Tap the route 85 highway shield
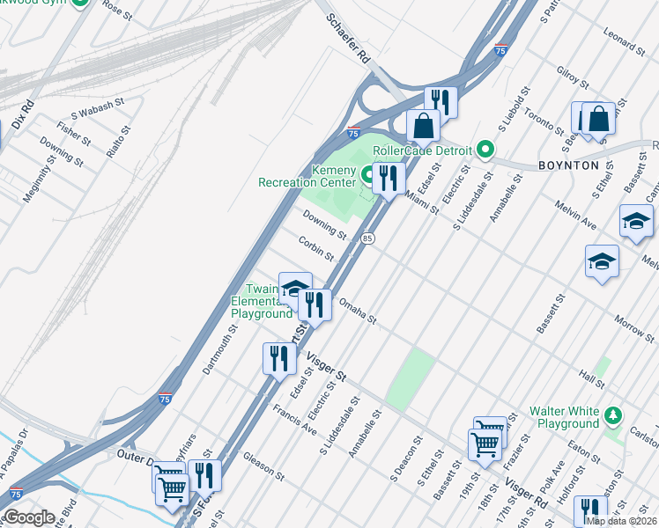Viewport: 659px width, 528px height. [367, 238]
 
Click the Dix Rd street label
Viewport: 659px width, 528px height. [27, 115]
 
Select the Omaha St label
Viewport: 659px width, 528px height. [359, 310]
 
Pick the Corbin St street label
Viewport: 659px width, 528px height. [315, 248]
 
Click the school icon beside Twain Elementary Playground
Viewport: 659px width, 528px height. [295, 289]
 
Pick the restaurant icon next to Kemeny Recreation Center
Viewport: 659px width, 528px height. [388, 179]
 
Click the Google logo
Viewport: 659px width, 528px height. [29, 517]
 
